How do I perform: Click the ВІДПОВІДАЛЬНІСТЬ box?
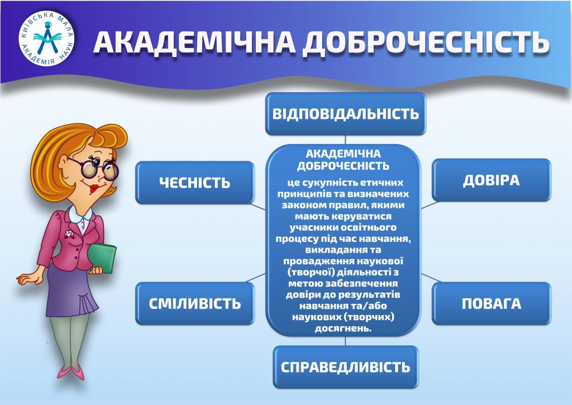coord(345,113)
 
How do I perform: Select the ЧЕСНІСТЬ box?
coord(195,183)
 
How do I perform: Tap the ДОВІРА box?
coord(492,180)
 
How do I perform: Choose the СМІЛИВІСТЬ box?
coord(195,303)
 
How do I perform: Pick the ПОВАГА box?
coord(492,303)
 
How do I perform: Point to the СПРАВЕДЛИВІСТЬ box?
coord(345,367)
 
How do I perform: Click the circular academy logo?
coord(46,39)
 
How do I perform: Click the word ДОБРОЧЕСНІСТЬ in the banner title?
coord(427,42)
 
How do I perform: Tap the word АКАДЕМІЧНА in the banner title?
coord(194,42)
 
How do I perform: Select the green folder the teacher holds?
coord(103,257)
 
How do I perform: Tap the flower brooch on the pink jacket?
coord(69,234)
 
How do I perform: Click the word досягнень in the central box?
coord(343,328)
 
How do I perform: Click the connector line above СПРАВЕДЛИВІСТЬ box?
coord(345,341)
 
